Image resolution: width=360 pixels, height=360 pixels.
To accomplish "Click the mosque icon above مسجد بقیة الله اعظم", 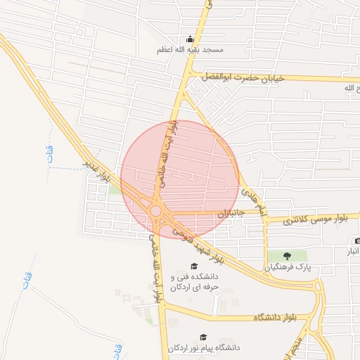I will [x=190, y=39].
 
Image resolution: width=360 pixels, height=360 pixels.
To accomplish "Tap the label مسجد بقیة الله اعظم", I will [x=190, y=51].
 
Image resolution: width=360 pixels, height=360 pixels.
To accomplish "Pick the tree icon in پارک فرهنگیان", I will [x=287, y=256].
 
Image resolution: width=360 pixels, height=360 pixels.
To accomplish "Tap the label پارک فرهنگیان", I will [x=287, y=267].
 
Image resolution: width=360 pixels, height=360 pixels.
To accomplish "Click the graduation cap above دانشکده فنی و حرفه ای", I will [x=193, y=266].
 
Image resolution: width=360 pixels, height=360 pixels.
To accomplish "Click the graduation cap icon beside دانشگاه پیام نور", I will [x=203, y=337].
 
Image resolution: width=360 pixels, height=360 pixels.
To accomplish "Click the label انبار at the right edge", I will [x=352, y=251].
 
